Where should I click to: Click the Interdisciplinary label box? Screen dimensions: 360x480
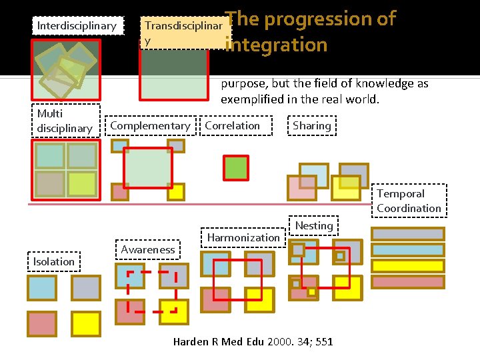pos(77,26)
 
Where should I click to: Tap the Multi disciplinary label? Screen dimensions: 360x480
pos(65,121)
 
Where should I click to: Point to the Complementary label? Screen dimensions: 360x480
pos(150,125)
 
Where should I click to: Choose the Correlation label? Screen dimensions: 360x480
pos(233,125)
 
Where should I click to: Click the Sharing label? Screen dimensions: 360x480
pos(311,125)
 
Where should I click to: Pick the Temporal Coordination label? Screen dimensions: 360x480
pos(408,201)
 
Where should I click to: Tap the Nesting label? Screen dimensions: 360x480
pos(314,225)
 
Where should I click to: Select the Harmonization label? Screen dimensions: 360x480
pos(243,237)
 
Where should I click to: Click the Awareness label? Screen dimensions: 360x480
pos(148,249)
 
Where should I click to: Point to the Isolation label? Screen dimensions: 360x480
pos(54,261)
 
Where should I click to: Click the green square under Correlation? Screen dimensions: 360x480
pos(235,167)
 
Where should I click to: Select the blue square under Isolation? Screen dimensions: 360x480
pos(41,288)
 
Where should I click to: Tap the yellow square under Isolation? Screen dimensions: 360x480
pos(86,323)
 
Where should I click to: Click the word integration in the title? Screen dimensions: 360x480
pos(277,45)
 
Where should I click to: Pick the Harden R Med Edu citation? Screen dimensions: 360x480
pos(253,342)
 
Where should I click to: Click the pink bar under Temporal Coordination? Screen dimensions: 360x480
pos(407,282)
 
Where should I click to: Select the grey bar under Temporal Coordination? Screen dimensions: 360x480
pos(407,234)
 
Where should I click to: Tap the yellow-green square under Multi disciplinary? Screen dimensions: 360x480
pos(82,183)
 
